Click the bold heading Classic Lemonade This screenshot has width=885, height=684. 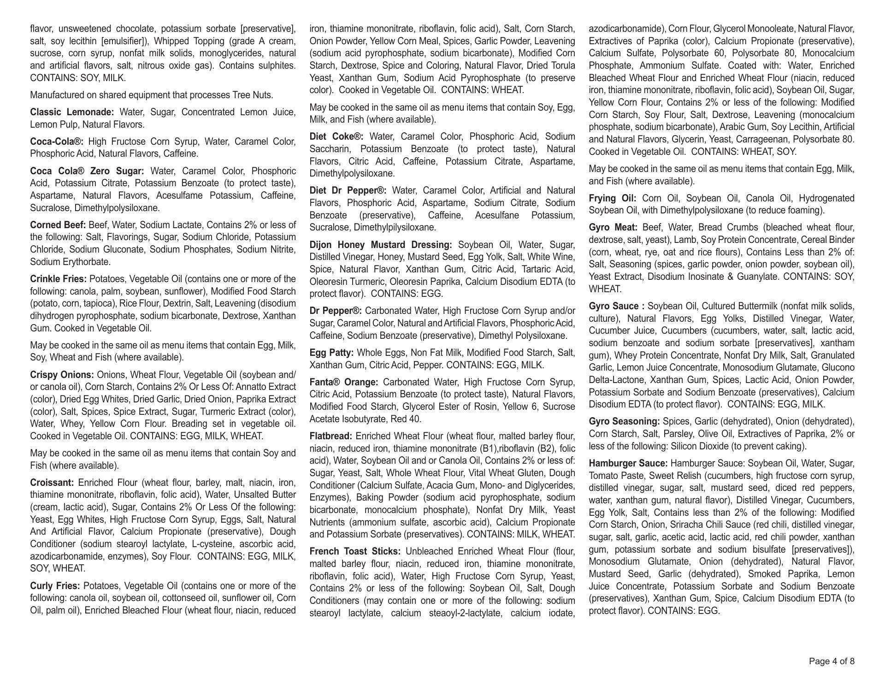[x=72, y=112]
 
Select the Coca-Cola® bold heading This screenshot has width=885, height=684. [x=57, y=142]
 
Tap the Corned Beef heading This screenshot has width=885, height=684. [x=58, y=225]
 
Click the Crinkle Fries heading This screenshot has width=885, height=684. [x=58, y=279]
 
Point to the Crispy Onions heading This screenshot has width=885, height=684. [x=62, y=375]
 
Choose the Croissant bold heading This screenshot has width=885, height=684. [x=52, y=483]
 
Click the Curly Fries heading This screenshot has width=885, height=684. [x=55, y=586]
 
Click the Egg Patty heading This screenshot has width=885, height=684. [x=331, y=353]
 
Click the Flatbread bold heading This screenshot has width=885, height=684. [x=330, y=436]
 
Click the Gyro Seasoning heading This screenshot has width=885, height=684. [x=624, y=421]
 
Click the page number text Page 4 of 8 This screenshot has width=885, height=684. [x=832, y=661]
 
